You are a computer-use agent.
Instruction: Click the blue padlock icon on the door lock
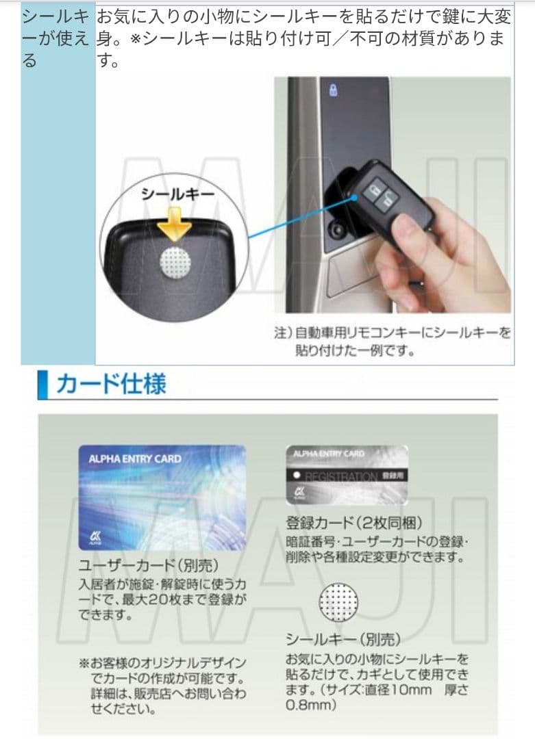334,91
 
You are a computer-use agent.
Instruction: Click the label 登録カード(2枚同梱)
349,524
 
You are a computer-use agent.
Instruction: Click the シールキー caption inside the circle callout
177,194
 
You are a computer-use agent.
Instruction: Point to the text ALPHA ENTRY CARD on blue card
135,459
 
